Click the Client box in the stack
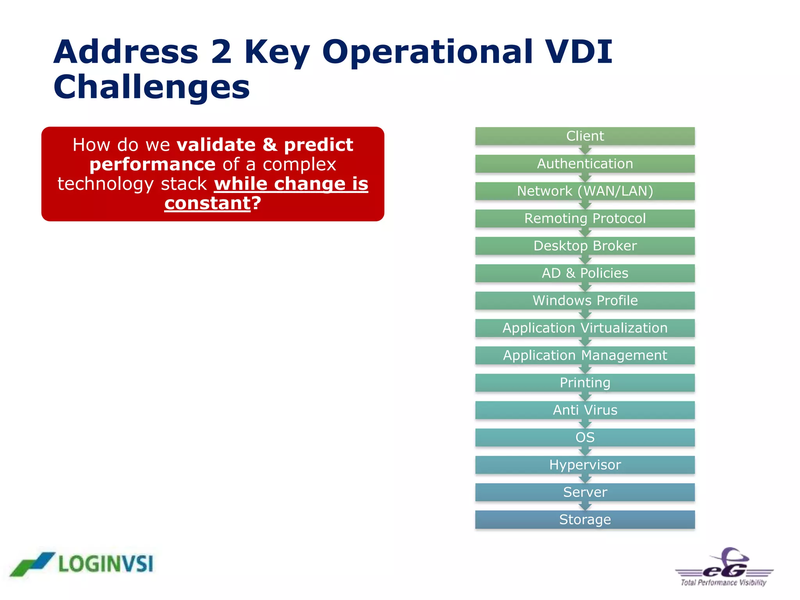[x=585, y=136]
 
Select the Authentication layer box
[x=585, y=164]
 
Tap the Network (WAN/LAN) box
[x=585, y=191]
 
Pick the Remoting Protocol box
[x=585, y=218]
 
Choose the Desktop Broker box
[x=585, y=246]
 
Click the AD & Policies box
[x=585, y=273]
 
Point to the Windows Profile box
[x=585, y=300]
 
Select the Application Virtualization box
[x=585, y=328]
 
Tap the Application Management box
[x=585, y=355]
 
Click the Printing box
[x=585, y=382]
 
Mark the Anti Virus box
[x=585, y=410]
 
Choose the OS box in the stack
[x=585, y=437]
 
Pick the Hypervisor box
[x=585, y=464]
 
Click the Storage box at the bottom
[x=585, y=520]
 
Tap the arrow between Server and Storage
[x=585, y=506]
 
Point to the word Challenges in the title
[x=152, y=87]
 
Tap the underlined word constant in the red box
[x=207, y=203]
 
